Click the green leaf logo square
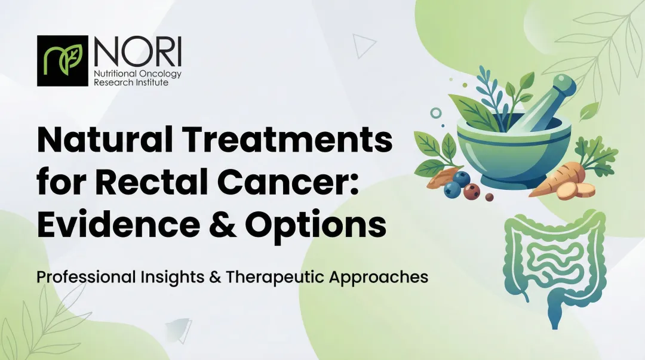[63, 60]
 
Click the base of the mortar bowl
[511, 179]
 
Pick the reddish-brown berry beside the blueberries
[472, 191]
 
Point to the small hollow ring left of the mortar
[436, 112]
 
